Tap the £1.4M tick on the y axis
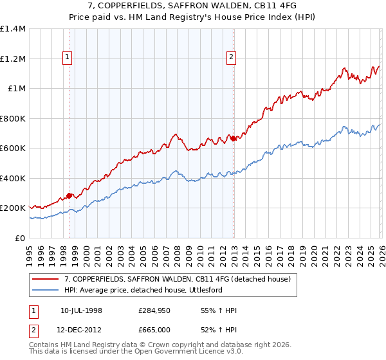13,29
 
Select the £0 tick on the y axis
21,238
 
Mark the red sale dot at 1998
69,196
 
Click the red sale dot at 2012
233,139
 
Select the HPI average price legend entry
151,290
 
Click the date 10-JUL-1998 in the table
81,310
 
